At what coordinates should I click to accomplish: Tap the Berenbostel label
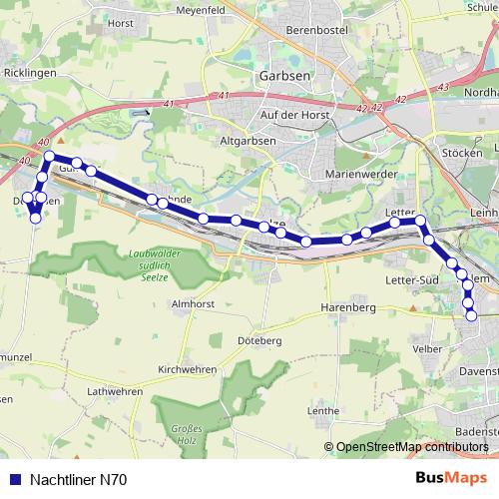[x=285, y=31]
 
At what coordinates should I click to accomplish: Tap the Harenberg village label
[x=347, y=308]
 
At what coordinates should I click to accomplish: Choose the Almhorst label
[x=195, y=302]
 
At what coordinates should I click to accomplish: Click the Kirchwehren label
[x=188, y=369]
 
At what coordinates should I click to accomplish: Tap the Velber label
[x=426, y=348]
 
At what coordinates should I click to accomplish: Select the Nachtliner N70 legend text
[x=78, y=480]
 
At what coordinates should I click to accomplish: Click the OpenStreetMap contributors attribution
[x=409, y=448]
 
